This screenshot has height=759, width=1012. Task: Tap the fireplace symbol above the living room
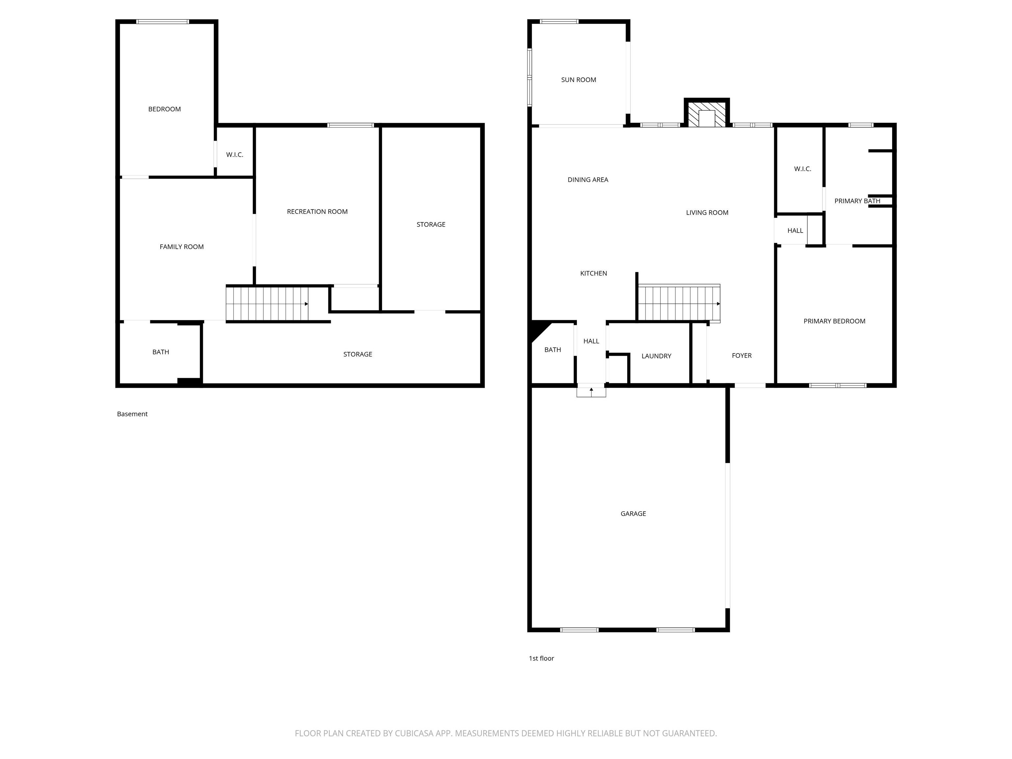[x=707, y=113]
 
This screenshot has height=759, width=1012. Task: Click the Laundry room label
[x=656, y=356]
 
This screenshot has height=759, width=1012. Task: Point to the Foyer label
[x=742, y=355]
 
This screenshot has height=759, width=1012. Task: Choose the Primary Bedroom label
[x=834, y=321]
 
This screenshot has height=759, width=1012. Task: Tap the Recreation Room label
[x=317, y=211]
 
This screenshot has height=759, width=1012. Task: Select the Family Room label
[x=182, y=247]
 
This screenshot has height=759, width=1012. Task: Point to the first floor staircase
[x=679, y=303]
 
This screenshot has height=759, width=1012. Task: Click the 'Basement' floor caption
[x=132, y=414]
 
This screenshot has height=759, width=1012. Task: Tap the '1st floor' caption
[x=541, y=658]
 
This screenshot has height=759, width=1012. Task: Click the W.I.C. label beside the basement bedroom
[x=235, y=155]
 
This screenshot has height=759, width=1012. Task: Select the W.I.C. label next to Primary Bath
[x=802, y=169]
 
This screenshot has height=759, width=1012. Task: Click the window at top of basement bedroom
[x=162, y=21]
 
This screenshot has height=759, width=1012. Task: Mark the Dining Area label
[x=588, y=180]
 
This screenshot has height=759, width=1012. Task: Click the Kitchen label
[x=593, y=273]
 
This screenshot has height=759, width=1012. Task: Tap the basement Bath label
[x=160, y=352]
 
